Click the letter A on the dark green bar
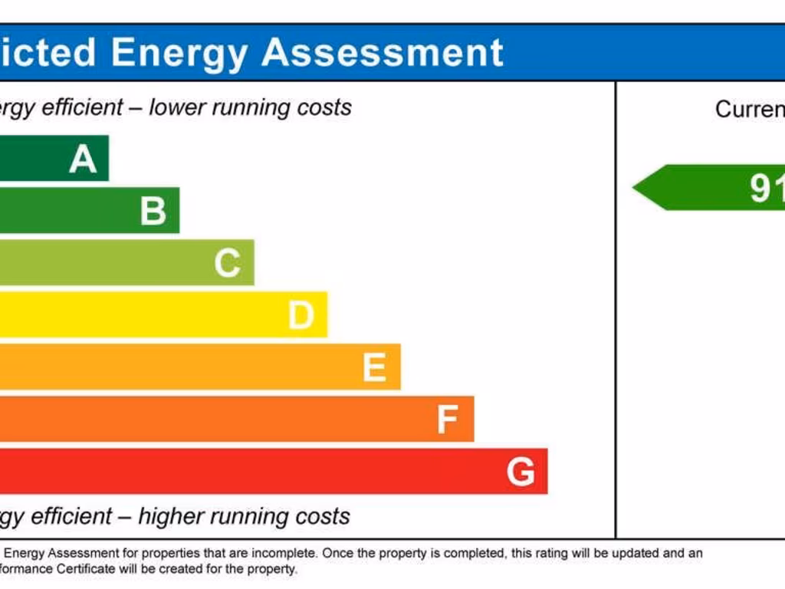pos(83,159)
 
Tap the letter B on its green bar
pos(153,211)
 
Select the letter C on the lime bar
pos(228,263)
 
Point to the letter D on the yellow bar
pos(301,315)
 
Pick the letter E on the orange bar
pos(374,367)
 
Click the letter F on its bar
pos(448,420)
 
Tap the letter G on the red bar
pos(521,472)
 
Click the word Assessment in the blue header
pos(383,52)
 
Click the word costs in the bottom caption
pos(325,516)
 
